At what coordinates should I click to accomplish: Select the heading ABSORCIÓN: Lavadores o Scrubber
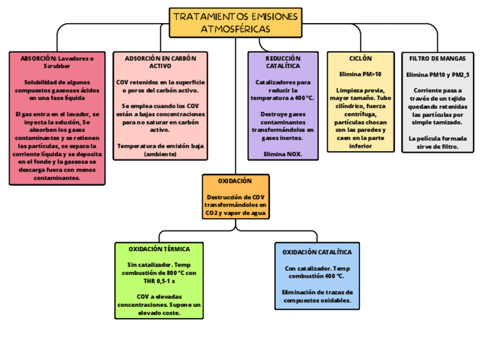coord(57,62)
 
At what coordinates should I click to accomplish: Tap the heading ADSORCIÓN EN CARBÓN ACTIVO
coord(160,62)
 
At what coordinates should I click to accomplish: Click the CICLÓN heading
coord(361,58)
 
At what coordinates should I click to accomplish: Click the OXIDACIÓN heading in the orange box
coord(235,181)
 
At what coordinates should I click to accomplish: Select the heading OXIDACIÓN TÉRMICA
coord(159,249)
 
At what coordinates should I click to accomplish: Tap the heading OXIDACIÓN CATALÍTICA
coord(317,252)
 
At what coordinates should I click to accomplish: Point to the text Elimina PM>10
coord(361,74)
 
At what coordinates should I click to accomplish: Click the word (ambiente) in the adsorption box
coord(160,154)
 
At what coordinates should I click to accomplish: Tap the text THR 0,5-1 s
coord(159,281)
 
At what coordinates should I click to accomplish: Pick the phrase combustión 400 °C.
coord(317,276)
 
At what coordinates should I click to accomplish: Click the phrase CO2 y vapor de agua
coord(235,213)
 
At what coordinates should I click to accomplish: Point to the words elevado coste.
coord(159,313)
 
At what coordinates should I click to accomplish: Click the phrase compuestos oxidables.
coord(317,301)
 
